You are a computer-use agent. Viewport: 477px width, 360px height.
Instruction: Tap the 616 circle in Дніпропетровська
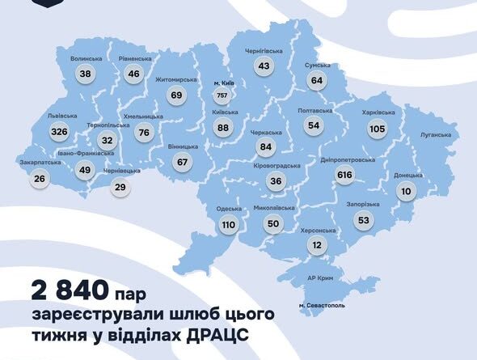pyautogui.click(x=346, y=176)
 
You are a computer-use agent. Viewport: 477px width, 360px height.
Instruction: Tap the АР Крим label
pyautogui.click(x=322, y=277)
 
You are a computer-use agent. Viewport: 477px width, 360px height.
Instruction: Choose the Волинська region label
pyautogui.click(x=87, y=59)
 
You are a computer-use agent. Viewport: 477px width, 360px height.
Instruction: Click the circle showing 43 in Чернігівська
pyautogui.click(x=263, y=66)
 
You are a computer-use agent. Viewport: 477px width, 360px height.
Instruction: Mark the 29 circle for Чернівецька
pyautogui.click(x=120, y=187)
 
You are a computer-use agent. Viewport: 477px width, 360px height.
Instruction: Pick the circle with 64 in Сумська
pyautogui.click(x=316, y=80)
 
